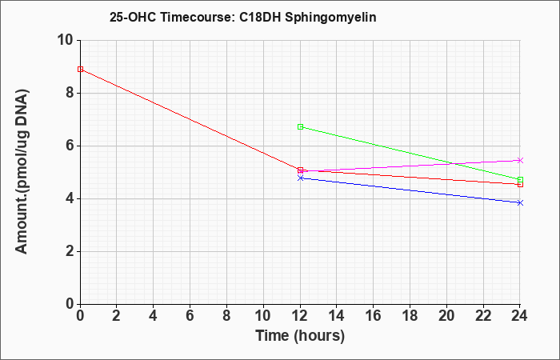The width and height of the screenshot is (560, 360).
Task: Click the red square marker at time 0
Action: click(80, 70)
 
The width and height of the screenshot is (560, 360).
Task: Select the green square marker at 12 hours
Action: click(300, 126)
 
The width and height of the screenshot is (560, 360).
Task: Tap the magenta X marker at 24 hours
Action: click(520, 160)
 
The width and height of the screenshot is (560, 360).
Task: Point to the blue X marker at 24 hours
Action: click(520, 203)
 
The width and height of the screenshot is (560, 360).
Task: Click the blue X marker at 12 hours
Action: click(300, 178)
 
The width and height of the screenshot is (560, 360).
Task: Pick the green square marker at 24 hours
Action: click(520, 180)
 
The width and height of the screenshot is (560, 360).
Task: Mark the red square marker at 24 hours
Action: click(520, 184)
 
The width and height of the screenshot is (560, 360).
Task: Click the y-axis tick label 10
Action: click(66, 40)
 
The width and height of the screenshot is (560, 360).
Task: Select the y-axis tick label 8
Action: click(70, 94)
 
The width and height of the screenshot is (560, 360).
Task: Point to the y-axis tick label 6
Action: click(70, 146)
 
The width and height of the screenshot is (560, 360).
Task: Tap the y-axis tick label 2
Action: click(70, 252)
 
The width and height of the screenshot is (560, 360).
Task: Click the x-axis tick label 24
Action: click(519, 316)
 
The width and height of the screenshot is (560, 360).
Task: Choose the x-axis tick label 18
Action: click(410, 316)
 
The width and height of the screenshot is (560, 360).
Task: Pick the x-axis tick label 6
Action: click(190, 316)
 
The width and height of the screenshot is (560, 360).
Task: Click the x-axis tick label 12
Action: click(300, 316)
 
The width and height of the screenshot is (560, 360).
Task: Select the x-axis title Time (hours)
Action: click(300, 336)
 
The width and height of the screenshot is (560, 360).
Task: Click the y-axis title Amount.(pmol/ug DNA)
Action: click(22, 172)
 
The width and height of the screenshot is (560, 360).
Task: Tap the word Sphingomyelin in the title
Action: click(330, 17)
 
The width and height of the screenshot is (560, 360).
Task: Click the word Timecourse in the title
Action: click(197, 17)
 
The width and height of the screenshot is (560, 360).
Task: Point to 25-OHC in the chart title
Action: click(133, 17)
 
